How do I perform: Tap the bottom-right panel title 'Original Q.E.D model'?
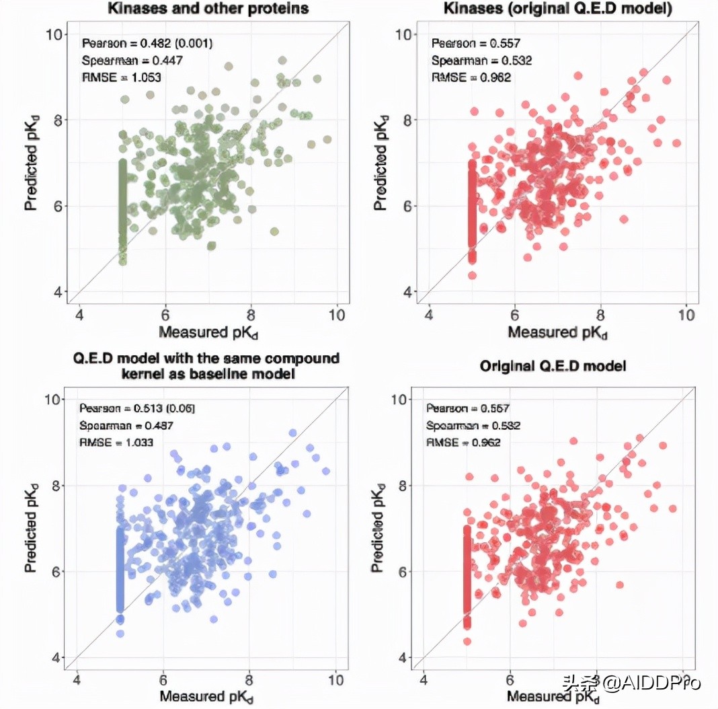point(553,366)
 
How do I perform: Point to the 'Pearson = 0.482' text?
point(147,44)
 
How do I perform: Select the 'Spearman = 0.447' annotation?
point(132,61)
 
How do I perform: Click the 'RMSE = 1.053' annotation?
point(122,77)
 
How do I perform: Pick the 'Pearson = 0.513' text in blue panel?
point(137,408)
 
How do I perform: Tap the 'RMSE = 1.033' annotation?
point(116,443)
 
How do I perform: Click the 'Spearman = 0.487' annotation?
point(126,426)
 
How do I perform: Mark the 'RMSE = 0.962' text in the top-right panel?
point(471,77)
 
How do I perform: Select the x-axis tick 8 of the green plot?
point(251,315)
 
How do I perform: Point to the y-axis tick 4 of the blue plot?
point(55,657)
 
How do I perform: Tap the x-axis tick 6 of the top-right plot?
point(514,315)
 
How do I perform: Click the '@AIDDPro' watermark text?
point(652,683)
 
